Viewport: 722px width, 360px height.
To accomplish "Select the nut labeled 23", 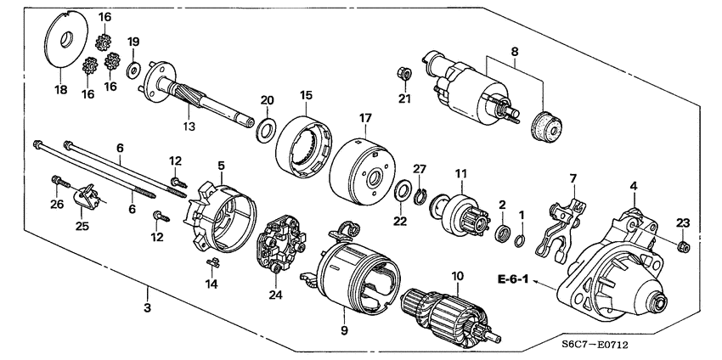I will (684, 247).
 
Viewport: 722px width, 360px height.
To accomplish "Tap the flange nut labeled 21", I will (405, 74).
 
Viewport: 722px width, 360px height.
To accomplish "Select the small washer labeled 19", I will (134, 68).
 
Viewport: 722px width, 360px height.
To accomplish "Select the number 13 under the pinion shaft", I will (187, 127).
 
